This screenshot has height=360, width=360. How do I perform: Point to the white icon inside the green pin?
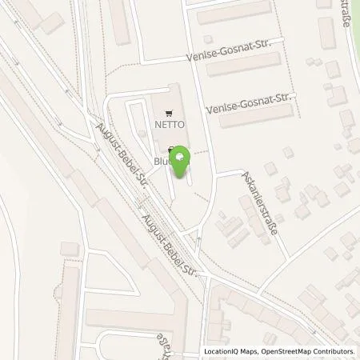click(x=182, y=156)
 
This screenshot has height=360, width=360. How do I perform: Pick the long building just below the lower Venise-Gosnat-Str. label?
click(x=257, y=118)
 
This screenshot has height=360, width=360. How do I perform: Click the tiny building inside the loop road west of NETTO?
click(x=141, y=133)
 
